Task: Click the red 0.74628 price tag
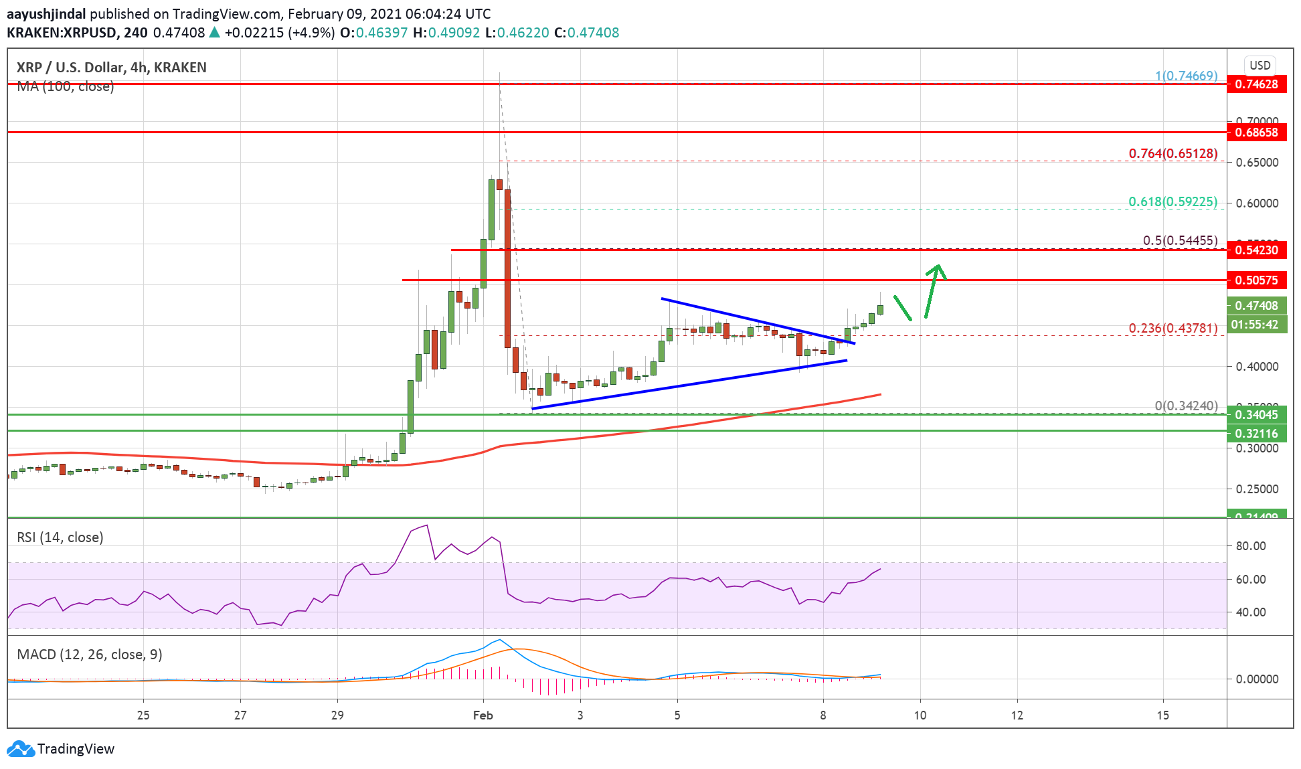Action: coord(1256,84)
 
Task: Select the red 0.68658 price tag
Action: coord(1256,133)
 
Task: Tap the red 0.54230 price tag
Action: coord(1256,250)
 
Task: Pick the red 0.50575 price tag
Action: coord(1256,280)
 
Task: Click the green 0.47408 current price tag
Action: coord(1256,306)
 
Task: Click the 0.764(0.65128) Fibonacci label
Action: coord(1173,154)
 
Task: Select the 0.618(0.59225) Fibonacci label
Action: coord(1173,202)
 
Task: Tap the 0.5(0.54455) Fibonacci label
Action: coord(1180,241)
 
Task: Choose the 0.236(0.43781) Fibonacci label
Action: coord(1173,329)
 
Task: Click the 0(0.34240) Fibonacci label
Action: coord(1186,406)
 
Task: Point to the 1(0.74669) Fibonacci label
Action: coord(1186,76)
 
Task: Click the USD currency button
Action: coord(1260,66)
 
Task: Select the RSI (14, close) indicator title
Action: coord(60,537)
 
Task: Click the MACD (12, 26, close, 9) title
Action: coord(90,655)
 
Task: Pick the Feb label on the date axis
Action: coord(483,715)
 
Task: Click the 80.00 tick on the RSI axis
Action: coord(1250,546)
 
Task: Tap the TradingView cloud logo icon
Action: coord(20,749)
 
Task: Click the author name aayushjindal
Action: coord(46,14)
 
